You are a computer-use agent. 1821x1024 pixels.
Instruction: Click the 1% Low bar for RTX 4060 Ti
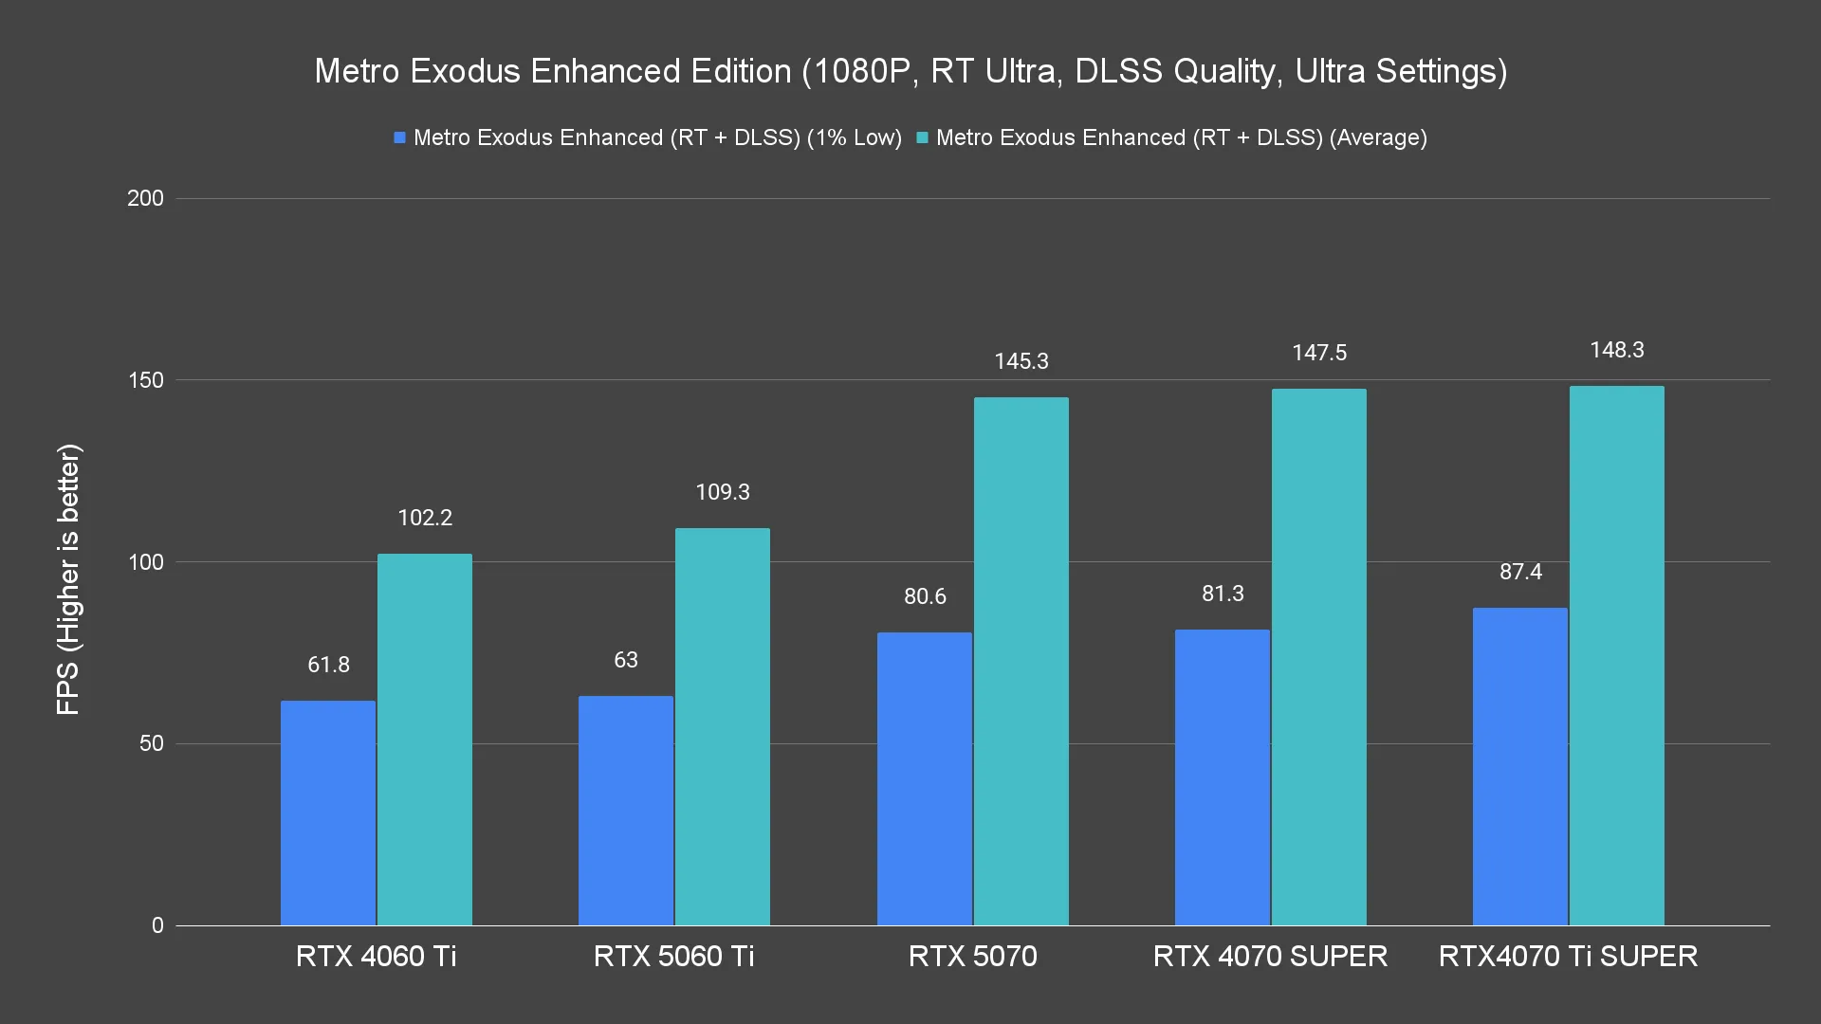coord(328,813)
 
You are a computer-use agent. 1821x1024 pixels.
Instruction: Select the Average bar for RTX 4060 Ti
coord(425,740)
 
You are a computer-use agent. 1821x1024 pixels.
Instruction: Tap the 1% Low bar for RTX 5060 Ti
coord(626,811)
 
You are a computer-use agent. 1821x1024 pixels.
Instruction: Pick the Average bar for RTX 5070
coord(1021,661)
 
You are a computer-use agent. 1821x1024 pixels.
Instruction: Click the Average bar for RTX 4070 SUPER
coord(1318,657)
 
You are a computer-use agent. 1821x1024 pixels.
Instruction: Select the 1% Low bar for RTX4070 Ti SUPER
coord(1519,766)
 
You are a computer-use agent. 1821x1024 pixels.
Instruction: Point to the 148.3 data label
coord(1616,350)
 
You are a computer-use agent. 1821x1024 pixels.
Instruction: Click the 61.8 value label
coord(328,665)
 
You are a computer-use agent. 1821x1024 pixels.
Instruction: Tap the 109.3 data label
coord(723,492)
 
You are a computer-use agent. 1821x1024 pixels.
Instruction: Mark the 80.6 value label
coord(925,596)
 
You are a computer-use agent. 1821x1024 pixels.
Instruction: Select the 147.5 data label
coord(1318,353)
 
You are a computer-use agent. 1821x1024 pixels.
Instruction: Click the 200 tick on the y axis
coord(145,198)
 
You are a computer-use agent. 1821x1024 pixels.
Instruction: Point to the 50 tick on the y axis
coord(152,743)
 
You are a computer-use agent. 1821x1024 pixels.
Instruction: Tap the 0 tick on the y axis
coord(157,925)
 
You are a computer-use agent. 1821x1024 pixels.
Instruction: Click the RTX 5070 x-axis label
coord(972,956)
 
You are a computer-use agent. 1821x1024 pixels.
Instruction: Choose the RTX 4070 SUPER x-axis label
coord(1270,956)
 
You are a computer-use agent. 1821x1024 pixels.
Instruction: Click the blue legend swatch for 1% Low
coord(400,137)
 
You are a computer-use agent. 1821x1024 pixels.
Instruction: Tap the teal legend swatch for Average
coord(922,137)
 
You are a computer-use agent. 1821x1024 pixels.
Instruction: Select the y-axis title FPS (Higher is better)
coord(68,578)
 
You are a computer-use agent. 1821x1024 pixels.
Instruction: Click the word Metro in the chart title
coord(357,71)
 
